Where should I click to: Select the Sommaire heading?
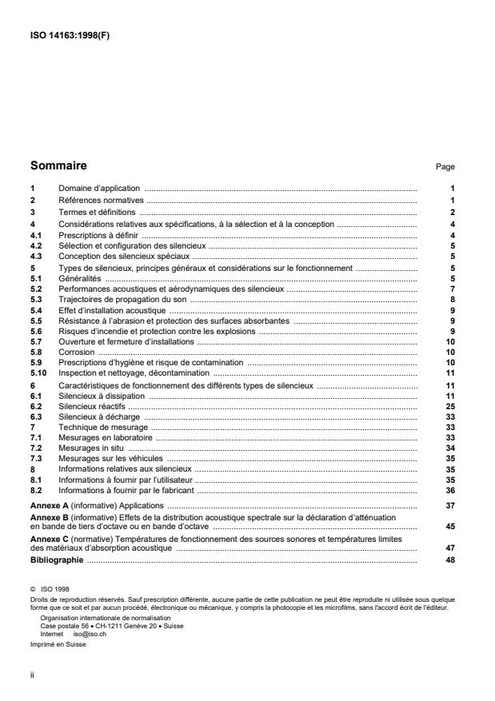click(x=58, y=166)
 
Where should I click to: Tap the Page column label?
click(x=445, y=167)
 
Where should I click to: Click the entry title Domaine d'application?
click(x=98, y=187)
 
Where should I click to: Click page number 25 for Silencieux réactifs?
click(x=450, y=406)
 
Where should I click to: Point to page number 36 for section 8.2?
click(x=450, y=490)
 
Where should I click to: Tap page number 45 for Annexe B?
click(x=450, y=527)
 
